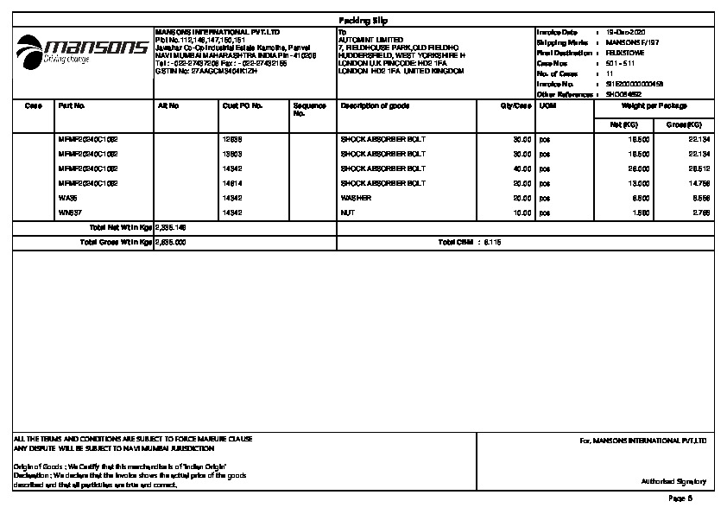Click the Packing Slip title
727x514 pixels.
(x=363, y=20)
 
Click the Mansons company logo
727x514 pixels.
(x=82, y=48)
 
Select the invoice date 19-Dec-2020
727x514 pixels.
(x=626, y=32)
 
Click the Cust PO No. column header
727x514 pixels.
(x=243, y=105)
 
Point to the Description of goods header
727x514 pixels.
(x=375, y=105)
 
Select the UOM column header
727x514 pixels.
(x=547, y=105)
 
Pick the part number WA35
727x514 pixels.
(x=66, y=198)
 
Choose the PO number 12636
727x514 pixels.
(x=231, y=139)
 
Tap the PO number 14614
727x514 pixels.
(x=231, y=183)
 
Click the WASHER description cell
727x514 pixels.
(x=356, y=198)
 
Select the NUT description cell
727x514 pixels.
(x=348, y=212)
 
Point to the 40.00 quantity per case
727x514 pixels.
(x=522, y=168)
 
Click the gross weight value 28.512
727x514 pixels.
(x=699, y=168)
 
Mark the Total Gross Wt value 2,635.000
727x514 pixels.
(x=172, y=243)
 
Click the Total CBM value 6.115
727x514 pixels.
(x=492, y=243)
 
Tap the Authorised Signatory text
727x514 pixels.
(x=673, y=481)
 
